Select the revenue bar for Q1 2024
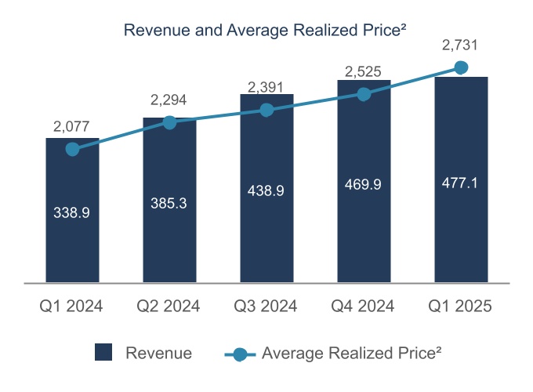pyautogui.click(x=73, y=235)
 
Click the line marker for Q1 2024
pyautogui.click(x=73, y=149)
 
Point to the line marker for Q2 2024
pyautogui.click(x=169, y=122)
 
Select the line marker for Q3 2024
pyautogui.click(x=266, y=110)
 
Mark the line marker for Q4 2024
pyautogui.click(x=364, y=94)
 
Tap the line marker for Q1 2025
pyautogui.click(x=461, y=67)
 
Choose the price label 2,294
pyautogui.click(x=169, y=100)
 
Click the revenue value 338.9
pyautogui.click(x=73, y=212)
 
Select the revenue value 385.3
pyautogui.click(x=169, y=201)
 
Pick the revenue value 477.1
pyautogui.click(x=461, y=183)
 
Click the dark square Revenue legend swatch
pyautogui.click(x=103, y=353)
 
